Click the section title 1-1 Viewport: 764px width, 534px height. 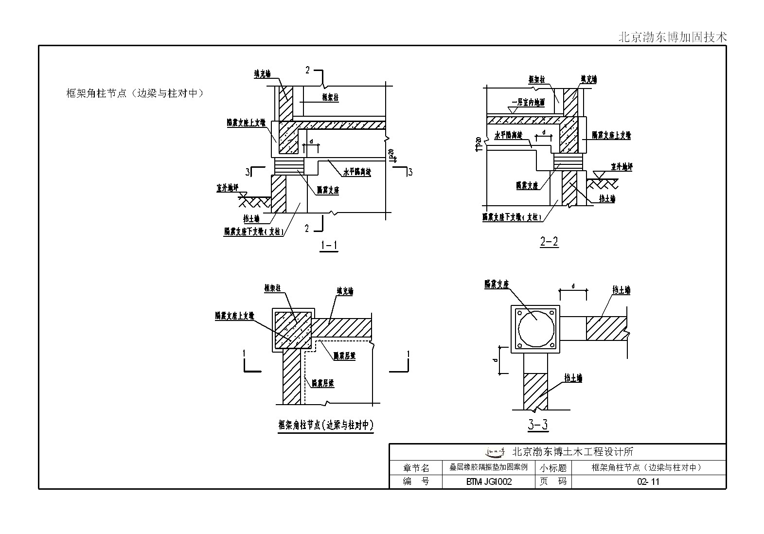tap(329, 246)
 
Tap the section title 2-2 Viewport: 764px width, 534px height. tap(549, 241)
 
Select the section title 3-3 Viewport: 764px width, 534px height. tap(537, 425)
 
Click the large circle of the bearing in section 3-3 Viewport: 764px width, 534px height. tap(535, 328)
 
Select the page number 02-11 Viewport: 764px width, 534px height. tap(648, 482)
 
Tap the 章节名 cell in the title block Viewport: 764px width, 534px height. tap(416, 468)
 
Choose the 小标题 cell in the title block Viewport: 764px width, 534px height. tap(553, 468)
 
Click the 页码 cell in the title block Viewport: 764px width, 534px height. tap(553, 482)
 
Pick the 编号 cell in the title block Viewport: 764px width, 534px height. tap(416, 482)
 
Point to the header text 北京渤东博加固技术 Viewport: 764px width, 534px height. tap(672, 37)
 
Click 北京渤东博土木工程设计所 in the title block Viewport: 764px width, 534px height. tap(573, 452)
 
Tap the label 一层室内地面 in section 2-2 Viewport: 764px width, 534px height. tap(528, 103)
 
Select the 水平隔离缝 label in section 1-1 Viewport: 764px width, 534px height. tap(357, 172)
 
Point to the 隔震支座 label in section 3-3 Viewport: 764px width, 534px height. tap(496, 285)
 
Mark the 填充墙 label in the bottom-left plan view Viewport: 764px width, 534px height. tap(345, 291)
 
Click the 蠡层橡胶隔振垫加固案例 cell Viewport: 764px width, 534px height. tap(488, 468)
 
